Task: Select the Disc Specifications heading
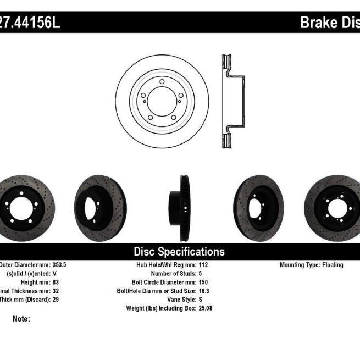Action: tap(179, 252)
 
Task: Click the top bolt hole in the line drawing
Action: tap(162, 82)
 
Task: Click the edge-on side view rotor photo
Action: tap(180, 207)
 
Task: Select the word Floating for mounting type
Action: tap(332, 265)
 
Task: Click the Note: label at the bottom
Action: tap(21, 319)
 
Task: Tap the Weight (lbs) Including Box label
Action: tap(163, 308)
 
